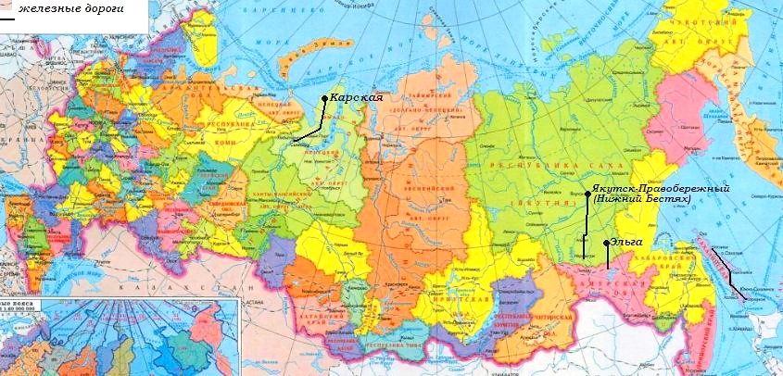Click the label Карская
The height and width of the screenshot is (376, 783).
coord(357,97)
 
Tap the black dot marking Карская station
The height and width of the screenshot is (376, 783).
coord(324,98)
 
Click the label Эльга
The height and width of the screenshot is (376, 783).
coord(626,242)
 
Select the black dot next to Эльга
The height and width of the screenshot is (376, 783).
coord(607,243)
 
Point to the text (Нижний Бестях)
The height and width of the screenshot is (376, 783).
coord(642,198)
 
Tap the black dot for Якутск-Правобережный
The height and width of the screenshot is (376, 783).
coord(587,194)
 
